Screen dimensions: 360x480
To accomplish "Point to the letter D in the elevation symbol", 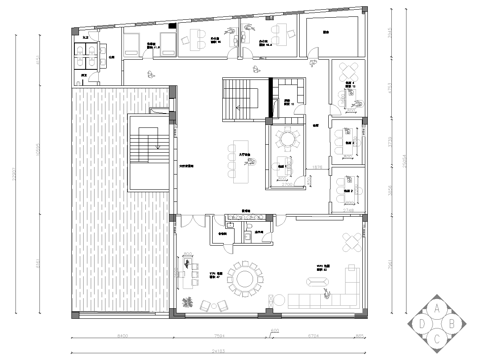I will (x=423, y=323).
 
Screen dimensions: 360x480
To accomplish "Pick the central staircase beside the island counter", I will (x=241, y=98).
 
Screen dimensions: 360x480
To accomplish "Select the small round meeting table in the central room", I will (x=287, y=138).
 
